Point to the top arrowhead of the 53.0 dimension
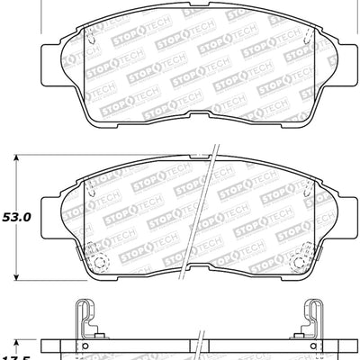[22, 160]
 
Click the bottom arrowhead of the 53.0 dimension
[22, 276]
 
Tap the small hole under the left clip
[85, 345]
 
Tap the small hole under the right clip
[315, 345]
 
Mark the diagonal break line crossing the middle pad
[203, 216]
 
